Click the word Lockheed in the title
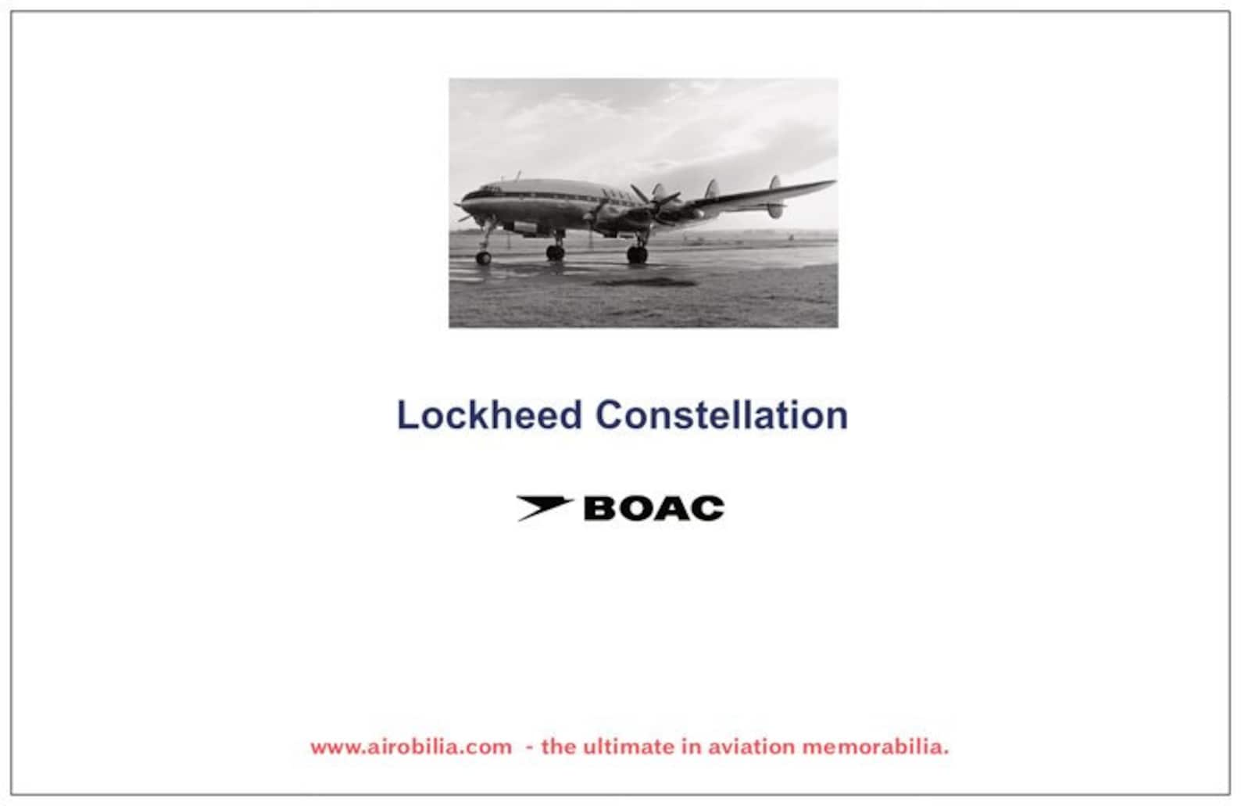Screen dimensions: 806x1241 489,414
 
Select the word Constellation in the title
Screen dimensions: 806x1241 721,414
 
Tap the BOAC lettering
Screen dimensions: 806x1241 653,509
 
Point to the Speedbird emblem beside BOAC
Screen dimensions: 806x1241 545,507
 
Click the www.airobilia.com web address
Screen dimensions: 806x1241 411,747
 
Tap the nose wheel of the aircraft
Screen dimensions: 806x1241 484,257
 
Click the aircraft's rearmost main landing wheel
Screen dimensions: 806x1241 637,254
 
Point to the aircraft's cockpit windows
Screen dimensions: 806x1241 491,189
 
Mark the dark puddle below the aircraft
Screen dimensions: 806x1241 625,279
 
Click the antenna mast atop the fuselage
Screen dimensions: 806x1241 517,177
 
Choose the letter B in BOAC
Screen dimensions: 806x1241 600,509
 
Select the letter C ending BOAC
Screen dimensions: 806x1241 707,509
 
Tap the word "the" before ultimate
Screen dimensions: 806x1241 558,747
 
